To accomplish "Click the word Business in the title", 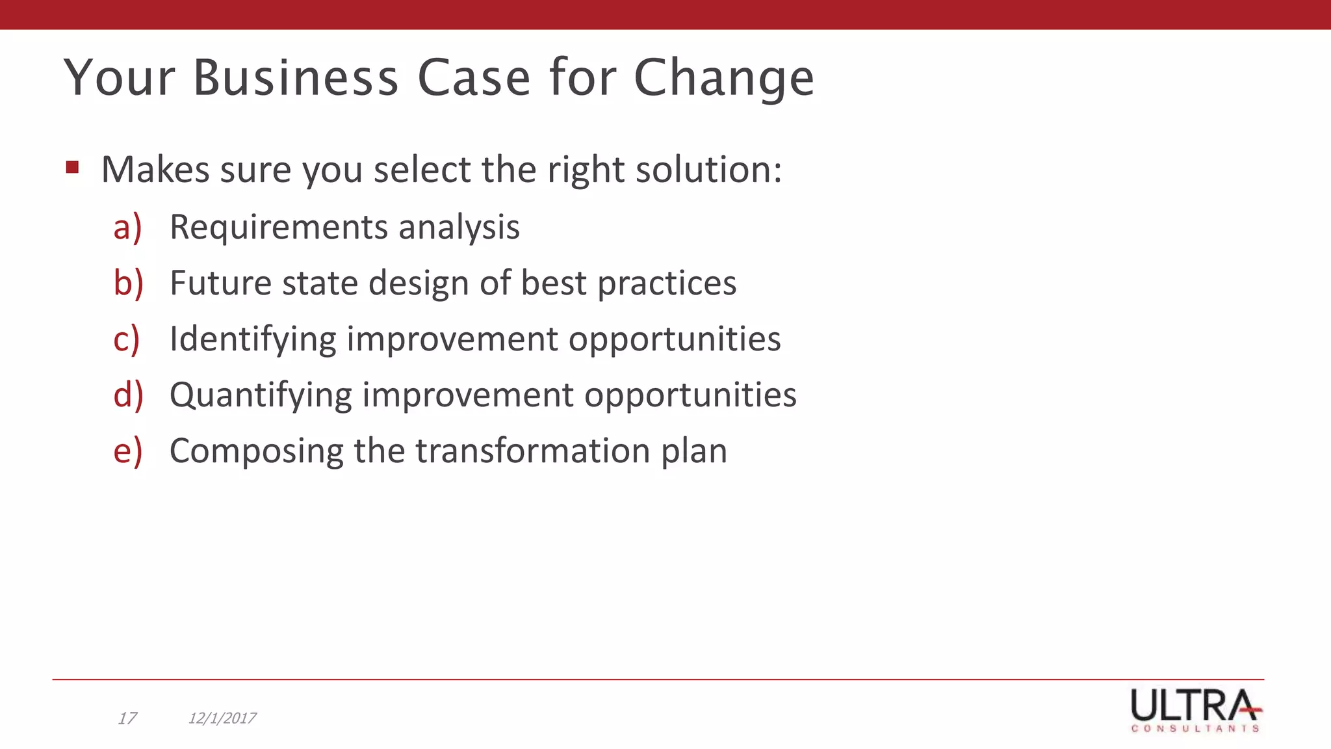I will [296, 78].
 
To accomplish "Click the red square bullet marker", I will [72, 168].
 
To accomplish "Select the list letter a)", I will [127, 227].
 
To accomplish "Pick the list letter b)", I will [128, 283].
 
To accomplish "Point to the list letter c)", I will [127, 339].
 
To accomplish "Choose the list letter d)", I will [128, 395].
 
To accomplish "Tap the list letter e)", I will [127, 451].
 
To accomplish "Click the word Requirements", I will [279, 227].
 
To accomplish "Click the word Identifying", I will [252, 339].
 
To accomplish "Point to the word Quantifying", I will [260, 395].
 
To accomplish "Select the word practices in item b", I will [667, 283].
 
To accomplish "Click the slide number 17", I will [127, 718].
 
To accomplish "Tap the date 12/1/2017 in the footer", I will [222, 718].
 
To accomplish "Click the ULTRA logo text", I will [1194, 704].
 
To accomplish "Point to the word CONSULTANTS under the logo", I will [1195, 729].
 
